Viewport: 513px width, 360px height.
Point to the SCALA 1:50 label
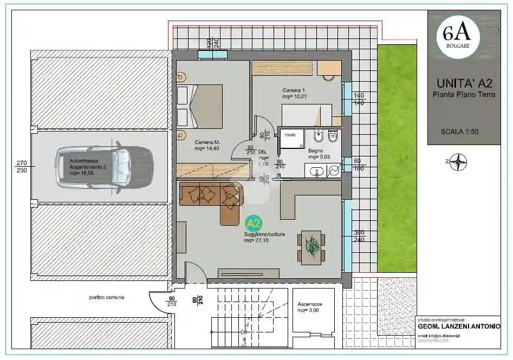459,131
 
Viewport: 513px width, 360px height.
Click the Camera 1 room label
294,93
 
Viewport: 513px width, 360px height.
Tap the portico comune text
107,298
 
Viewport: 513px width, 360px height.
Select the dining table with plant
311,247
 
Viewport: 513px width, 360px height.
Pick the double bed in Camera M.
200,106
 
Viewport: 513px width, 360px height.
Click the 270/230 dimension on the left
22,166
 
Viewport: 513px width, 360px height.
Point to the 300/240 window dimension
360,235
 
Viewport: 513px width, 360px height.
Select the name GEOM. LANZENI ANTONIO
459,326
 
